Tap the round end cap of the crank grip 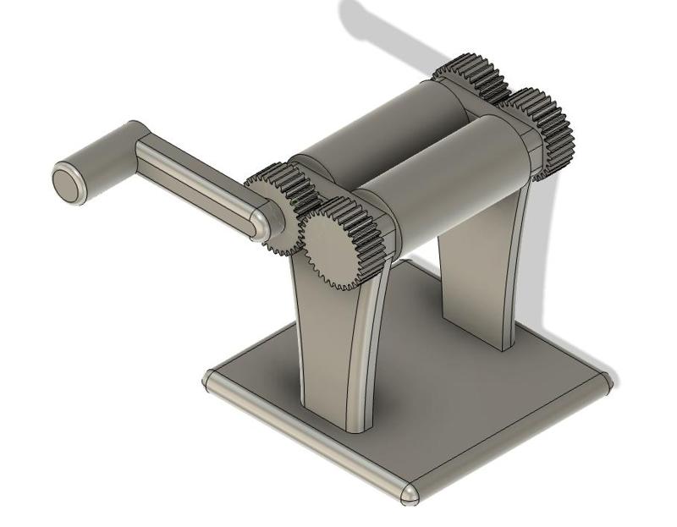(68, 184)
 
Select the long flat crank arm (199, 182)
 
